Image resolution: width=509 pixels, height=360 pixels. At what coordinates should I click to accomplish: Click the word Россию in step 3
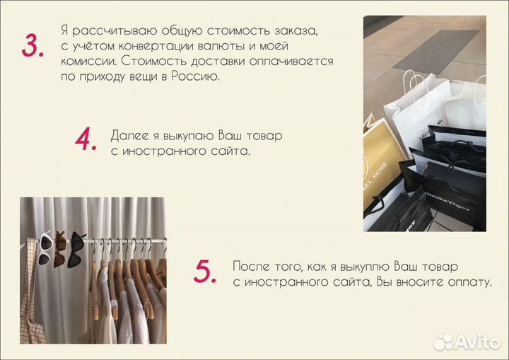[x=195, y=76]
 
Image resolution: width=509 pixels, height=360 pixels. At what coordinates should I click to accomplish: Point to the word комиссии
[x=90, y=61]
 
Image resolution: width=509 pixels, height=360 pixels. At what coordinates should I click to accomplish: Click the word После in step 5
[x=251, y=267]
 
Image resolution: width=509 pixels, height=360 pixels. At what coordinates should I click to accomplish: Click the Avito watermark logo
[x=467, y=342]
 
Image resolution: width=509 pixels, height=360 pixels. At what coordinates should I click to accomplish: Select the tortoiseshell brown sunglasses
[x=59, y=249]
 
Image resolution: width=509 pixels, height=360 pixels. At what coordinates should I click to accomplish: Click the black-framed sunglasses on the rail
[x=76, y=250]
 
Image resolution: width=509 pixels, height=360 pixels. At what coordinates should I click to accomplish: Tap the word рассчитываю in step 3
[x=115, y=31]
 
